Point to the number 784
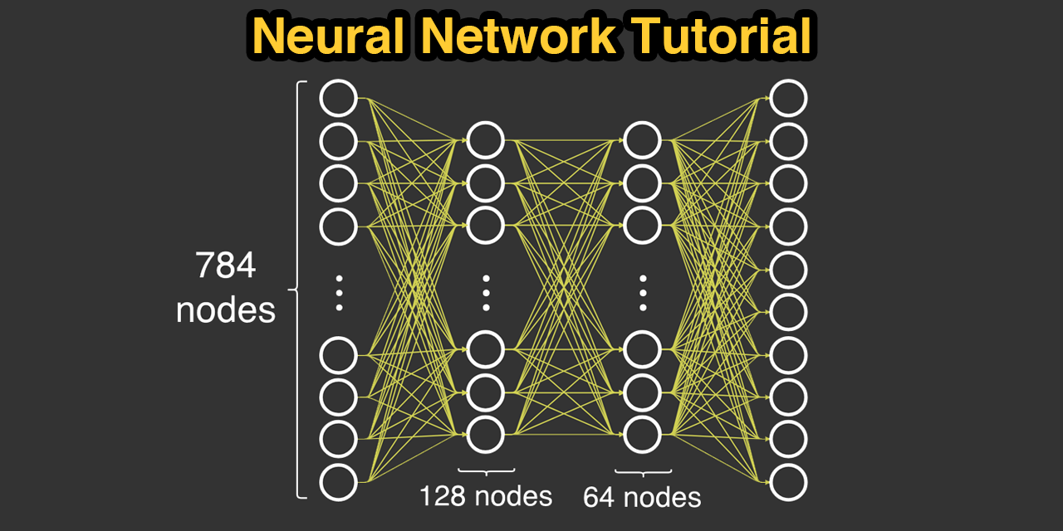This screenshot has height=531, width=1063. (226, 266)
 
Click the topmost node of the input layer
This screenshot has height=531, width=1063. (339, 98)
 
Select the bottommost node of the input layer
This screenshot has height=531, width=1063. (339, 482)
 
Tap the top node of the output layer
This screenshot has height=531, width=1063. (788, 98)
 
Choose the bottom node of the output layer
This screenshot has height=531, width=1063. (788, 482)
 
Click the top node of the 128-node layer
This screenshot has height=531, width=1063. (486, 139)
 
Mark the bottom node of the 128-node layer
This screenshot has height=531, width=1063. (486, 433)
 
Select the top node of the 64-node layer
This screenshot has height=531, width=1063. (642, 139)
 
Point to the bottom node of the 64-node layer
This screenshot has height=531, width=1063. (642, 433)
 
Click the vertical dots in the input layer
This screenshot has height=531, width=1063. (339, 293)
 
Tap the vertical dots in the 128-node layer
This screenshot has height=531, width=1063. (486, 293)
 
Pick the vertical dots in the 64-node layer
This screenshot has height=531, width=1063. (642, 293)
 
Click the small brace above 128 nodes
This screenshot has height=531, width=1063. (486, 471)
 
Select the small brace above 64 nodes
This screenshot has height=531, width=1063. (642, 471)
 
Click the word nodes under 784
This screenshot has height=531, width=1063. (226, 309)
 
